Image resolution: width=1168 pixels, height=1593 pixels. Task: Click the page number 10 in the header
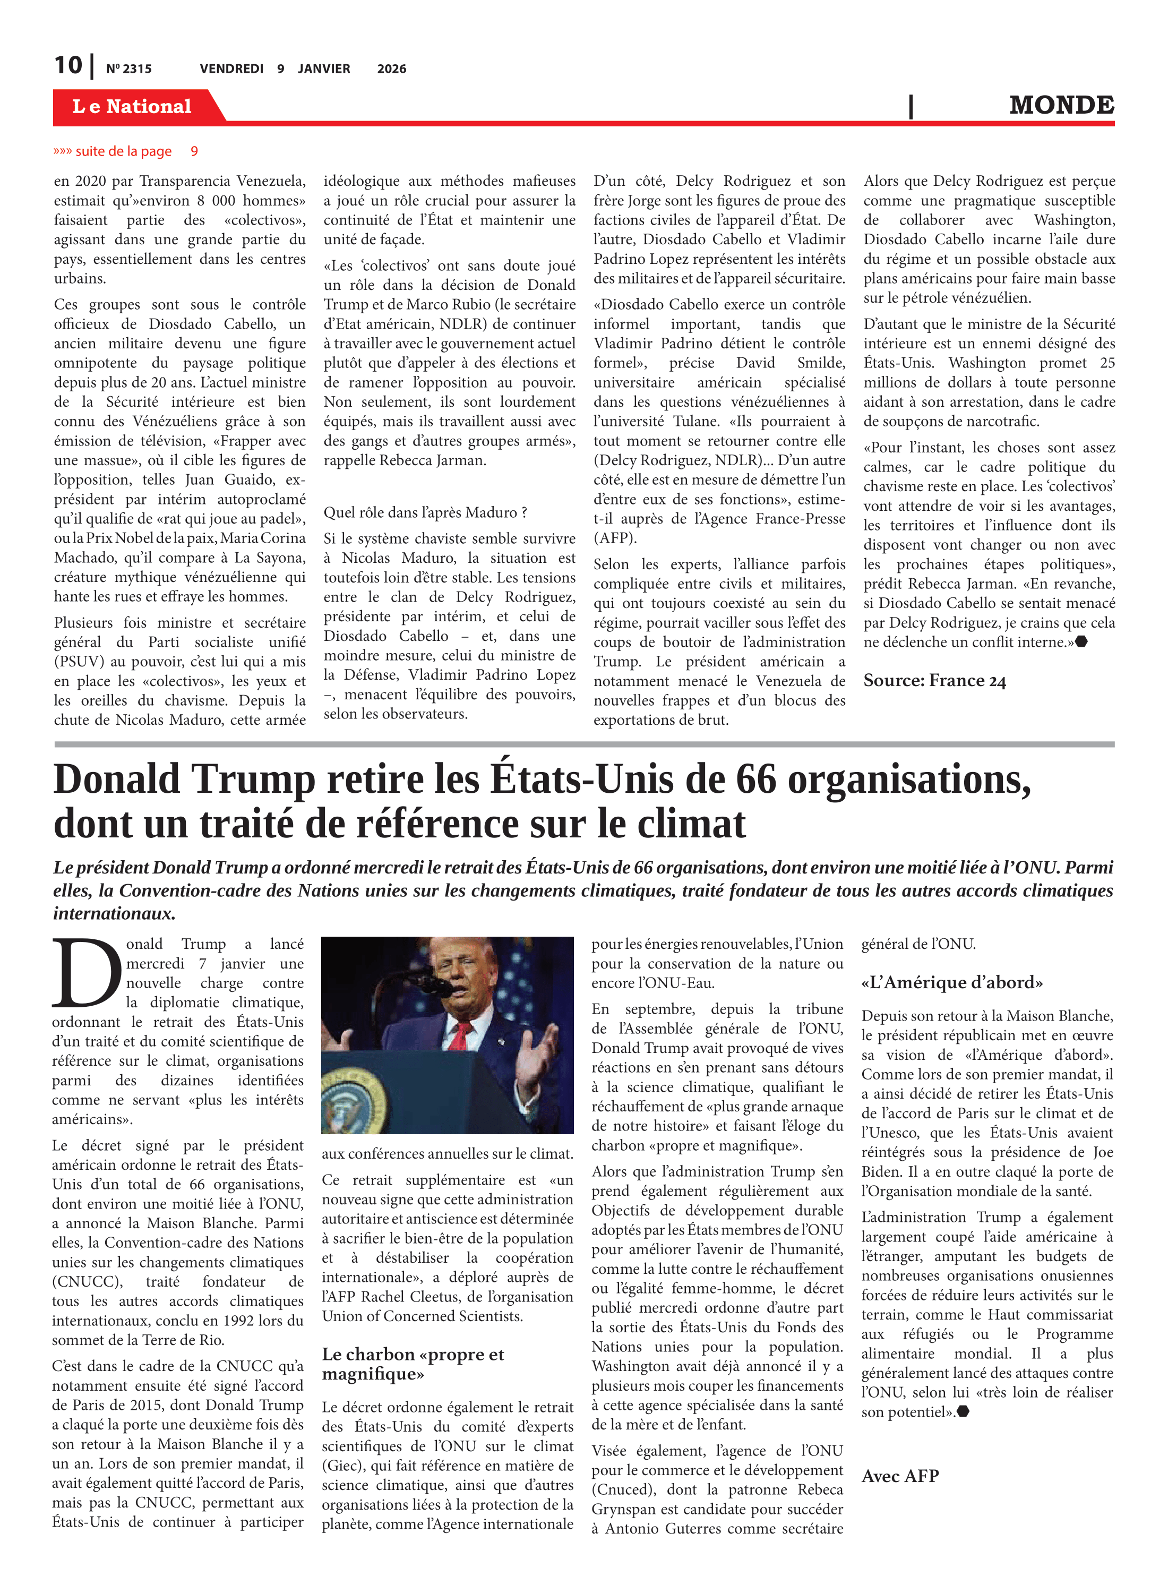68,65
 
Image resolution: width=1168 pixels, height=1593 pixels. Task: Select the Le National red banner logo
132,107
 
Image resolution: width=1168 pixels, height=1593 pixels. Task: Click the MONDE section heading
1061,105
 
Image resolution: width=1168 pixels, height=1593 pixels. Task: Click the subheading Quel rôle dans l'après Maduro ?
425,512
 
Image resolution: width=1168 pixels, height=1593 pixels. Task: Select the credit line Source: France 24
934,681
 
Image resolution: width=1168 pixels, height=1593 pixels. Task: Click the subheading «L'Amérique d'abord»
951,982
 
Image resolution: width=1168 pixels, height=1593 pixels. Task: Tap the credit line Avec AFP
900,1476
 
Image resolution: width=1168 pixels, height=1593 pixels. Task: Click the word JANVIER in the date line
324,69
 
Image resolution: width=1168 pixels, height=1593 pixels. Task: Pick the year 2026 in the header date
391,69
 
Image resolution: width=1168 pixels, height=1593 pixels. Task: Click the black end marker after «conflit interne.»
1081,642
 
